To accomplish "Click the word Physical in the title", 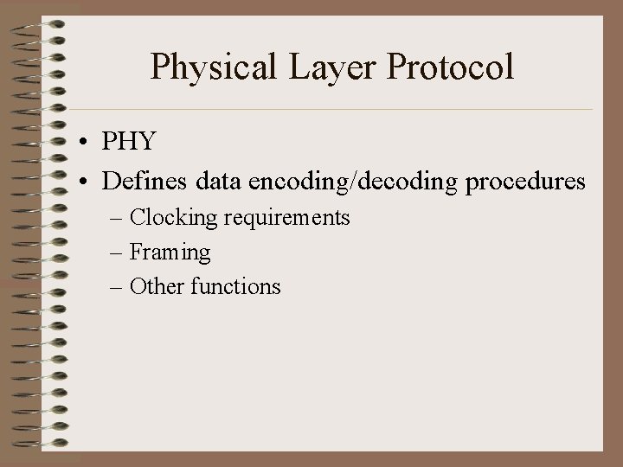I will [x=207, y=67].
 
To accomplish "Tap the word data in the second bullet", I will [x=219, y=182].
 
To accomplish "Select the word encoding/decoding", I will [x=355, y=182].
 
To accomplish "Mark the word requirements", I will [x=286, y=218].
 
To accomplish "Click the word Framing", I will [x=170, y=253].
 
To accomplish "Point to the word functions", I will [x=235, y=286].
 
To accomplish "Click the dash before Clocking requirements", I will [x=117, y=219].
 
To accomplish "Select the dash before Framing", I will [x=117, y=253].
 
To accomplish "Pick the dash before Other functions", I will [x=117, y=287].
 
